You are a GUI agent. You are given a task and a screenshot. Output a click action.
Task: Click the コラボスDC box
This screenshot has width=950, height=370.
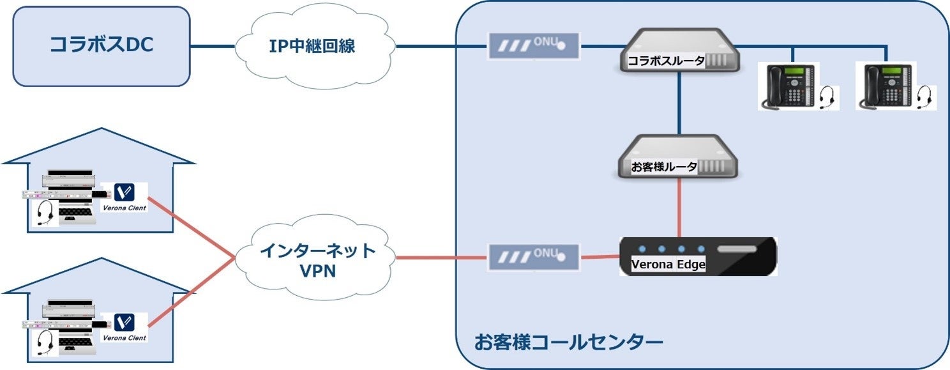click(102, 46)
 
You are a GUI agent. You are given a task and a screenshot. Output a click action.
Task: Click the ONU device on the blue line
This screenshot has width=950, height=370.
click(534, 47)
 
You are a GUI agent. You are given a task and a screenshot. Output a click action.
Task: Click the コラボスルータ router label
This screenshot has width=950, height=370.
click(665, 61)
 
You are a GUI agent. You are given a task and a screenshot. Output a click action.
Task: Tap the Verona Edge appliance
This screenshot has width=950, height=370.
click(698, 256)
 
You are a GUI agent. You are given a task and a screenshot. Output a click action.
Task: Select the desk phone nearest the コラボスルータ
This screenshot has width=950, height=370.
click(785, 86)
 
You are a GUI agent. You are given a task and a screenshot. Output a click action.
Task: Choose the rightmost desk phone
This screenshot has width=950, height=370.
click(887, 86)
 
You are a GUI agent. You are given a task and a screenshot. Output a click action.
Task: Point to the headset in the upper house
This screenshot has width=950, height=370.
click(45, 212)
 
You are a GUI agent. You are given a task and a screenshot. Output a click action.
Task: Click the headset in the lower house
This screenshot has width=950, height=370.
click(45, 342)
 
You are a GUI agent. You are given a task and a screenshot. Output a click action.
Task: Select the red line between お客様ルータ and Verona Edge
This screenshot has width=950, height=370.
click(679, 208)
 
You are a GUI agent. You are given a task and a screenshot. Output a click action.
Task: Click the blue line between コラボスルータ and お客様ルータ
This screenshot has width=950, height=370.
click(679, 102)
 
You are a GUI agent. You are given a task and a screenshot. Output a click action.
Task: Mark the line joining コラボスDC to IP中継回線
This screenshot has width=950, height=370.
click(213, 47)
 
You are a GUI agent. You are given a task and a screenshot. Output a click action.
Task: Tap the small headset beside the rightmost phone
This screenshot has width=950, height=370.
click(923, 97)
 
